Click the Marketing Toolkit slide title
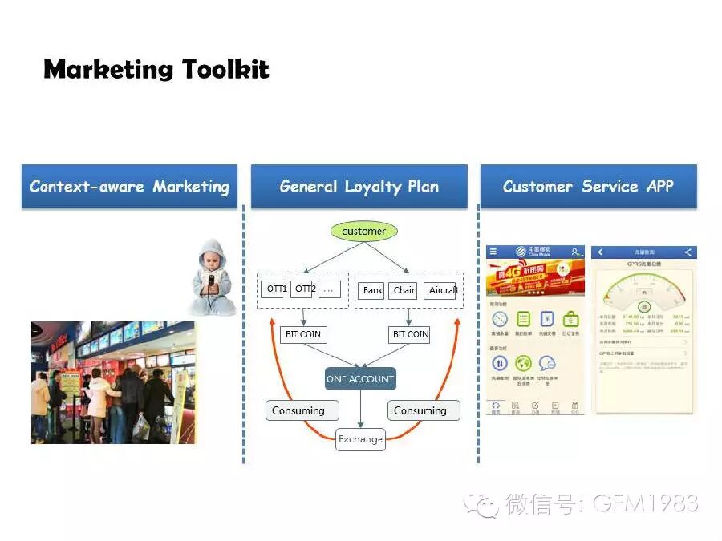pyautogui.click(x=156, y=69)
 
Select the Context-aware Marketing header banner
pyautogui.click(x=129, y=187)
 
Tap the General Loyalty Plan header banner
pyautogui.click(x=359, y=187)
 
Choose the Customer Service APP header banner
pyautogui.click(x=588, y=187)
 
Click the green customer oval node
pyautogui.click(x=363, y=231)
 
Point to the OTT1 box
pyautogui.click(x=275, y=289)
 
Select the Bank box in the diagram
pyautogui.click(x=371, y=290)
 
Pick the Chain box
pyautogui.click(x=404, y=290)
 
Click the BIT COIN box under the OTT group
pyautogui.click(x=303, y=334)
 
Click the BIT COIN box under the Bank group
pyautogui.click(x=409, y=334)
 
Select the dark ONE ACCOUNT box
pyautogui.click(x=360, y=378)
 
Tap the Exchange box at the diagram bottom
pyautogui.click(x=360, y=439)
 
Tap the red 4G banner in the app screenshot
pyautogui.click(x=535, y=277)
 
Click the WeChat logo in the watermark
pyautogui.click(x=485, y=504)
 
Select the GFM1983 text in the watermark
pyautogui.click(x=645, y=503)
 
